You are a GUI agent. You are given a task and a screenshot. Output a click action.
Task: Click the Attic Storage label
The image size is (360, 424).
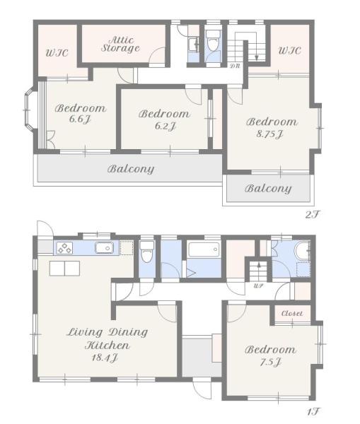[120, 45]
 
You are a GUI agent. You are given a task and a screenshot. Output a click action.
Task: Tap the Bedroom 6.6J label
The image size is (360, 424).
[81, 113]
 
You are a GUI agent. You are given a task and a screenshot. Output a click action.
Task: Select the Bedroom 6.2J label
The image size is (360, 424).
[164, 119]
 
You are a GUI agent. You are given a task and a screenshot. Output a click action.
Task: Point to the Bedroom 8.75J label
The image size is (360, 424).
[272, 128]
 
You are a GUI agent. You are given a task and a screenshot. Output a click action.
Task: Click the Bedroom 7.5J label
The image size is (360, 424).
[270, 355]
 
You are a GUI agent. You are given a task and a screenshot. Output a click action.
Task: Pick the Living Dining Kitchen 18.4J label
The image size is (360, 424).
[108, 345]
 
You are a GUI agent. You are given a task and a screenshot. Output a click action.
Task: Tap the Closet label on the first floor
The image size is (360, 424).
[292, 313]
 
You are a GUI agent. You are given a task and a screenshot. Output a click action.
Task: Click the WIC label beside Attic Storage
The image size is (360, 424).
[57, 52]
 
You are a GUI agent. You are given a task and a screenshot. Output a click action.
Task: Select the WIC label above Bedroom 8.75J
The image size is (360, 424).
[289, 50]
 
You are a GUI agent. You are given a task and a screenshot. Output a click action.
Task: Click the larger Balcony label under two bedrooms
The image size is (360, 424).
[131, 169]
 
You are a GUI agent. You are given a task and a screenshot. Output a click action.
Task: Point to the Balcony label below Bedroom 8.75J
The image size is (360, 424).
[268, 189]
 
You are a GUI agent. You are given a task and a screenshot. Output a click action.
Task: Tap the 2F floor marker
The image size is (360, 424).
[313, 214]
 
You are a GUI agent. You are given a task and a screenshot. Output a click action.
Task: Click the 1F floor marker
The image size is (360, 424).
[313, 412]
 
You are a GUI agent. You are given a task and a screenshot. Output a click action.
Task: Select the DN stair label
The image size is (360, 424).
[235, 66]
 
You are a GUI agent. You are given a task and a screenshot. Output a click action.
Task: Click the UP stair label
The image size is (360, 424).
[258, 285]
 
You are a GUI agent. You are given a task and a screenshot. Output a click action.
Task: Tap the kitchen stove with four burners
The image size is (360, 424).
[64, 248]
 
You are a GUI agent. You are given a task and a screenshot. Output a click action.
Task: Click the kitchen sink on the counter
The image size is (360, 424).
[104, 248]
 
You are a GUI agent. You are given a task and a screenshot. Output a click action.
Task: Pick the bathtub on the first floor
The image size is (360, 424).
[204, 249]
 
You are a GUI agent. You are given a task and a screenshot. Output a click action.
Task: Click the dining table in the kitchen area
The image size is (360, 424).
[64, 269]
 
